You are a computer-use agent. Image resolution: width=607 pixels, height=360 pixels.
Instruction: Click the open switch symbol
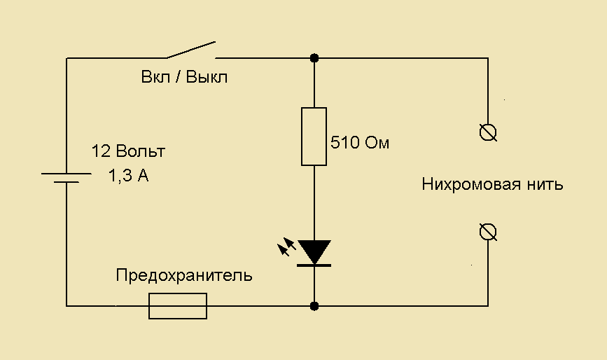[190, 50]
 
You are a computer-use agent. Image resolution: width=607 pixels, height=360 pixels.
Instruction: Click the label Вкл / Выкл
[184, 77]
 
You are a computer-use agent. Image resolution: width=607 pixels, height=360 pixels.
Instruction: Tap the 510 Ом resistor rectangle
[314, 137]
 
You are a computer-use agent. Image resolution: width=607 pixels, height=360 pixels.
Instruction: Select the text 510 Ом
[359, 144]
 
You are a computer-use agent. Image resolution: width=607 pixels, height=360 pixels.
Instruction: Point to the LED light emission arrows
[286, 247]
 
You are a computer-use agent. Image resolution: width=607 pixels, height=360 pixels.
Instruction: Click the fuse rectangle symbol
[178, 306]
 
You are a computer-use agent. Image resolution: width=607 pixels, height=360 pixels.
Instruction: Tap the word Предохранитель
[184, 275]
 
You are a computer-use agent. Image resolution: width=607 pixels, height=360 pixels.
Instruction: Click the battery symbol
[66, 177]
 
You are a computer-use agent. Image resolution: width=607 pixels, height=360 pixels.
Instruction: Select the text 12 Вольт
[129, 151]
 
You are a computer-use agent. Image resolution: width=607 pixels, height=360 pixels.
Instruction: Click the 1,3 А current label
[128, 176]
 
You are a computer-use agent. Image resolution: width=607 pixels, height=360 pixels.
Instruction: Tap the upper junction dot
[314, 57]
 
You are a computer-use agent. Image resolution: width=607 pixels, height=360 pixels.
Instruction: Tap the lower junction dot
[314, 306]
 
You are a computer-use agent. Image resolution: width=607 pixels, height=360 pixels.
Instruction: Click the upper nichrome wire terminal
[488, 132]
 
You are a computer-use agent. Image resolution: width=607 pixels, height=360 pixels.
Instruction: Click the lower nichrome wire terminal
[488, 232]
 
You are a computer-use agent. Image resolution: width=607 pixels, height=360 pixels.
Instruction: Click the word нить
[547, 185]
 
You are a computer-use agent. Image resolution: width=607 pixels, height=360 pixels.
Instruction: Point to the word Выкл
[207, 77]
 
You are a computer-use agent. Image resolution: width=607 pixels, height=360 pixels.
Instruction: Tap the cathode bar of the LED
[314, 265]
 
